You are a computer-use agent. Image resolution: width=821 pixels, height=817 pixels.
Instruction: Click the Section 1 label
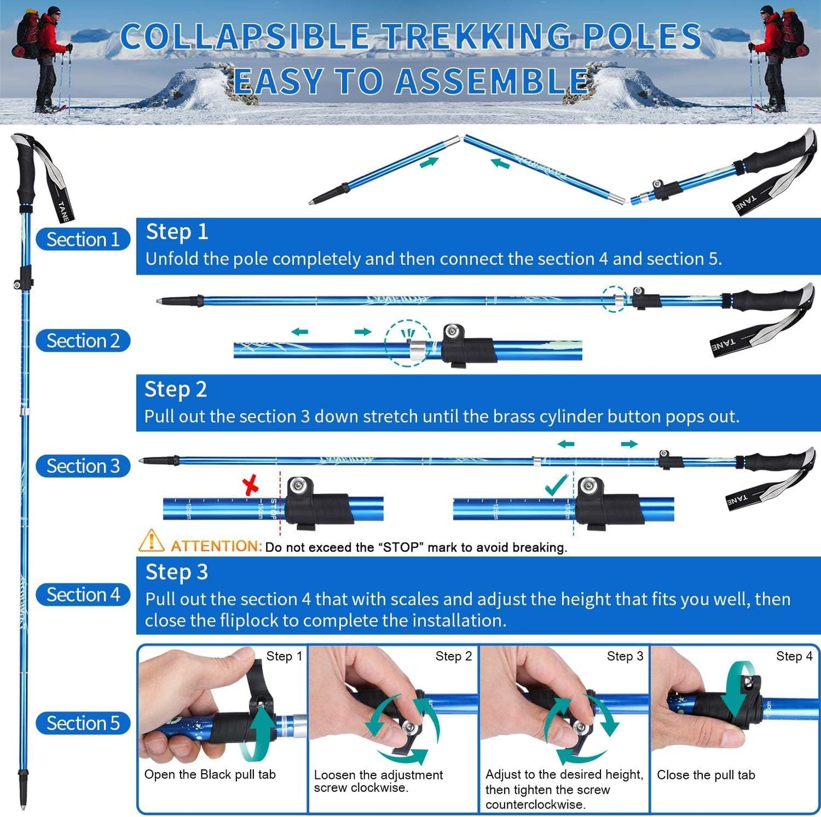(x=83, y=239)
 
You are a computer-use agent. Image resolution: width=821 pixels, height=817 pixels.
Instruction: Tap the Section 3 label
(x=83, y=466)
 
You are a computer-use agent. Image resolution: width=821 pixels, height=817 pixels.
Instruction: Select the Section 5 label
(x=83, y=723)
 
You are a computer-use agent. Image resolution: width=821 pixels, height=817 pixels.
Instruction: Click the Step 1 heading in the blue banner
(x=177, y=232)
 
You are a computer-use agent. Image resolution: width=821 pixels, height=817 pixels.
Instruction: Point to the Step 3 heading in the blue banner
(x=177, y=572)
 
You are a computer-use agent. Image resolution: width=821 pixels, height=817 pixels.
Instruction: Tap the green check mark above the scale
(x=556, y=485)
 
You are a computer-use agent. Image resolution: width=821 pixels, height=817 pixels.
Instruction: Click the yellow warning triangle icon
(x=151, y=541)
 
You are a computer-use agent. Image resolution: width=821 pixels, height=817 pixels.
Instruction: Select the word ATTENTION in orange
(x=216, y=547)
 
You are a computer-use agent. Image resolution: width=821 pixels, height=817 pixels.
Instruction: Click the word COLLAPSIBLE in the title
(x=244, y=37)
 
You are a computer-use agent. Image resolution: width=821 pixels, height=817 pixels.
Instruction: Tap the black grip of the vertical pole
(x=26, y=170)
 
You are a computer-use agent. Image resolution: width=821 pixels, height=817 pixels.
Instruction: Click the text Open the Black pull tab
(x=210, y=774)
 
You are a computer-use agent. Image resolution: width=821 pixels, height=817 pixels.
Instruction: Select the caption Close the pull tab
(x=706, y=775)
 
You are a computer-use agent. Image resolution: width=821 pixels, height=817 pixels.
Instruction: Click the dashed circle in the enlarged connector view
(x=407, y=343)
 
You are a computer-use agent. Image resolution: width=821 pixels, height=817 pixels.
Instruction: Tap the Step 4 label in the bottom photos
(x=794, y=656)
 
